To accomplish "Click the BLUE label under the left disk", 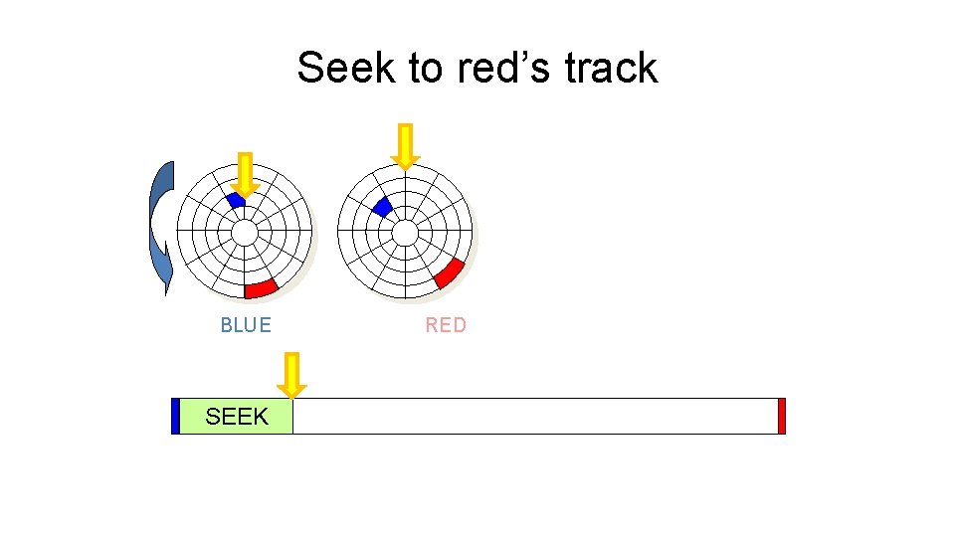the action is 246,325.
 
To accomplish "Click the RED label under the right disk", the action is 446,325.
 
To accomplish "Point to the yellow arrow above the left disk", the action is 245,175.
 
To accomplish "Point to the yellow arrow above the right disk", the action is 405,146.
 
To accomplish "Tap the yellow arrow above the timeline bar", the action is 291,375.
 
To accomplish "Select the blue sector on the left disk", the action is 236,200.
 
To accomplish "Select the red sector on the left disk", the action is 261,288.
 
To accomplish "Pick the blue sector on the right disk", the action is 381,207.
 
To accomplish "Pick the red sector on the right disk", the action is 450,272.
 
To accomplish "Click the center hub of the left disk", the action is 244,232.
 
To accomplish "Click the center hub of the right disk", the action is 405,232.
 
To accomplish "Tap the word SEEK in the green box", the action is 237,417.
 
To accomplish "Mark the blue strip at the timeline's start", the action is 175,416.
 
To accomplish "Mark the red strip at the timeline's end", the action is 782,416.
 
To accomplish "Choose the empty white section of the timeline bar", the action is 535,416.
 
